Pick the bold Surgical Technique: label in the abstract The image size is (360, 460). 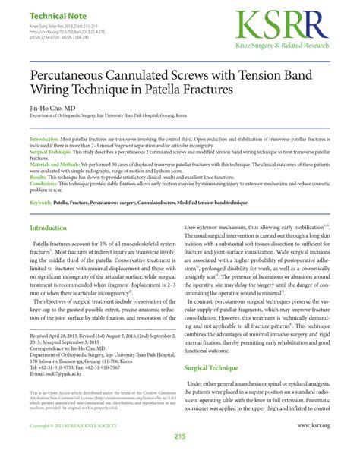tap(53, 153)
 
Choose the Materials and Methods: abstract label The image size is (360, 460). tap(61, 164)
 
